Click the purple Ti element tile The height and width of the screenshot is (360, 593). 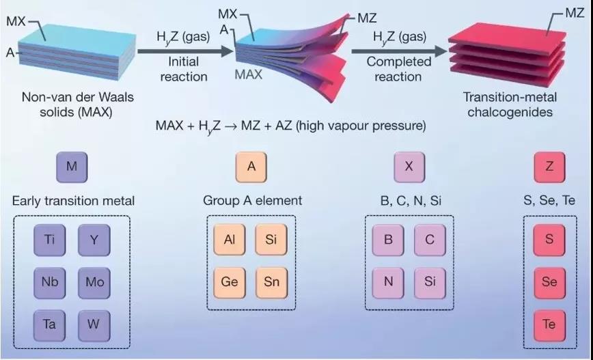coord(50,240)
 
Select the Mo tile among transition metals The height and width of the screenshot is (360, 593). coord(94,283)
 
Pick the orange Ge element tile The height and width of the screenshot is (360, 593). coord(229,283)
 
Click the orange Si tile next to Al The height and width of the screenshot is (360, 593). coord(271,240)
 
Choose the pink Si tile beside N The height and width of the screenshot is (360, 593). coord(430,283)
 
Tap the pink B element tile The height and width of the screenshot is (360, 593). coord(388,240)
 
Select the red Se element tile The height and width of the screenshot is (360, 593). coord(549,283)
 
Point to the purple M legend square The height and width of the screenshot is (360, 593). coord(72,167)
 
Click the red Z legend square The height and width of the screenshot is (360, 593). coord(549,167)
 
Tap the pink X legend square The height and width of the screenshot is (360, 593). coord(409,167)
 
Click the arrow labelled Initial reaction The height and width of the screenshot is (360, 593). coord(185,51)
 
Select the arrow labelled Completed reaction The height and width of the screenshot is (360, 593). coord(400,51)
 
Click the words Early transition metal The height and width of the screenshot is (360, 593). coord(73,200)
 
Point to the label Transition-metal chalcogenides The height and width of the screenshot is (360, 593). coord(510,105)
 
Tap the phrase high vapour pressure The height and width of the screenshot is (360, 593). coord(361,126)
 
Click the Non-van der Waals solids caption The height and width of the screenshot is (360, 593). coord(77,105)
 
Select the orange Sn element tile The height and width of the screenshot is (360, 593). coord(271,283)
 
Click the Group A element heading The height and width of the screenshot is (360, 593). coord(253,200)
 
